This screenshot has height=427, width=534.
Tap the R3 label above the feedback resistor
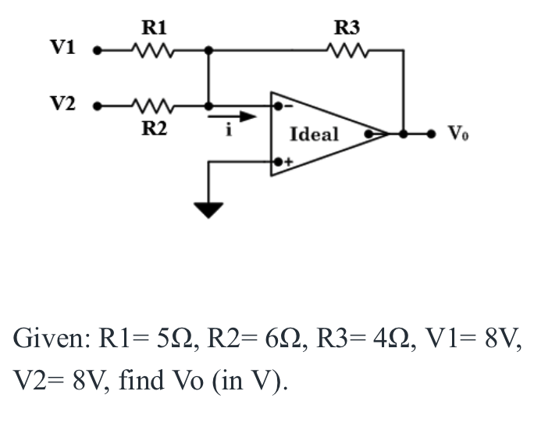[347, 29]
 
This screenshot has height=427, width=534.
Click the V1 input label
[62, 48]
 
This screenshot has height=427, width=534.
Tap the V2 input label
[62, 103]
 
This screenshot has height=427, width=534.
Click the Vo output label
[459, 134]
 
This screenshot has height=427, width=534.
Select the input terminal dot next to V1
[98, 52]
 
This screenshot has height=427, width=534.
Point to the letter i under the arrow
[229, 131]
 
